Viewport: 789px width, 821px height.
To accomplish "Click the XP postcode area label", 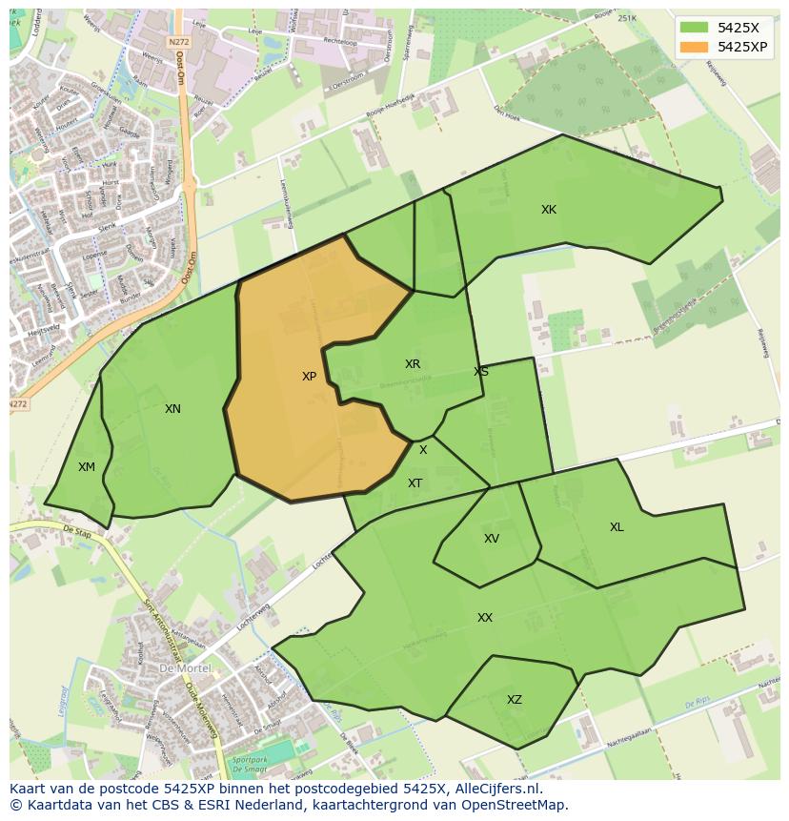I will [x=309, y=377].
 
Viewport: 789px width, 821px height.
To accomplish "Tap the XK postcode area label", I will [x=549, y=210].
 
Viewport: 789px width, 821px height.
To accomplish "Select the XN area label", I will [x=172, y=409].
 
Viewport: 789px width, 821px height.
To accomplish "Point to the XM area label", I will [x=87, y=466].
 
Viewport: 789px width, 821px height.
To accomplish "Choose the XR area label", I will [x=413, y=364].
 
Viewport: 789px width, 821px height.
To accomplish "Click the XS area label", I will [x=481, y=372].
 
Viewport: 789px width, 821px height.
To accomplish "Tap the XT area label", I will [x=415, y=483].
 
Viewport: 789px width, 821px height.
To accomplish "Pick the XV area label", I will [x=492, y=539].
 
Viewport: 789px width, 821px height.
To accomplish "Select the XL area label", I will [x=617, y=527].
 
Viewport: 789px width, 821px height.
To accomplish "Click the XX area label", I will [x=485, y=618].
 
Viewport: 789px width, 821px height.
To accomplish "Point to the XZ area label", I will [x=515, y=700].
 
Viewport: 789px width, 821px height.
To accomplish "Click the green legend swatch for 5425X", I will [x=694, y=27].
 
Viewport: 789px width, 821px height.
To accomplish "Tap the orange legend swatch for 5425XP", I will [x=694, y=46].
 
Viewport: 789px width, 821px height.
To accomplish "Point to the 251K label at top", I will [x=626, y=18].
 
